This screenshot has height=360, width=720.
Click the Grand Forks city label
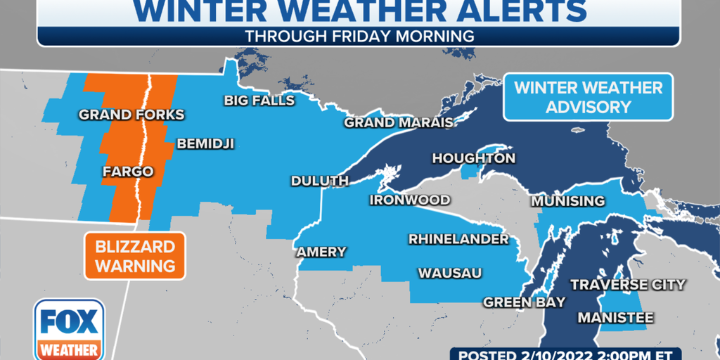[131, 115]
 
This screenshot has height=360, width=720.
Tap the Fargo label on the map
[128, 171]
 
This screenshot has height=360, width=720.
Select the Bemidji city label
[205, 144]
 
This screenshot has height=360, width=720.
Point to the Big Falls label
[259, 101]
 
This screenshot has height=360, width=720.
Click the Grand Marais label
[397, 123]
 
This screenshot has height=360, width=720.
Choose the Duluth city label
[320, 181]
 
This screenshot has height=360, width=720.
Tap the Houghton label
[473, 158]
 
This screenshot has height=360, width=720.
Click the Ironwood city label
[410, 200]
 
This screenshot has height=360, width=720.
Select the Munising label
[567, 201]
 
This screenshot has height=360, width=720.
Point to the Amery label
[321, 252]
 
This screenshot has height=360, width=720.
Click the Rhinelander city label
[458, 240]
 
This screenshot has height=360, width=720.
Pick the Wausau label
[450, 273]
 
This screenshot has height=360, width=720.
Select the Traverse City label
[627, 285]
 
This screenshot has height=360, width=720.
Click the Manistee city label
[615, 318]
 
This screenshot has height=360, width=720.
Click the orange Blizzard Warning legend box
[135, 256]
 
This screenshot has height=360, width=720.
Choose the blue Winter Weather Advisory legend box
[588, 98]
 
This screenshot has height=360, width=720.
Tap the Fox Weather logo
[69, 329]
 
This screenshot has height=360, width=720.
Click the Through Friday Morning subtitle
[359, 35]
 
